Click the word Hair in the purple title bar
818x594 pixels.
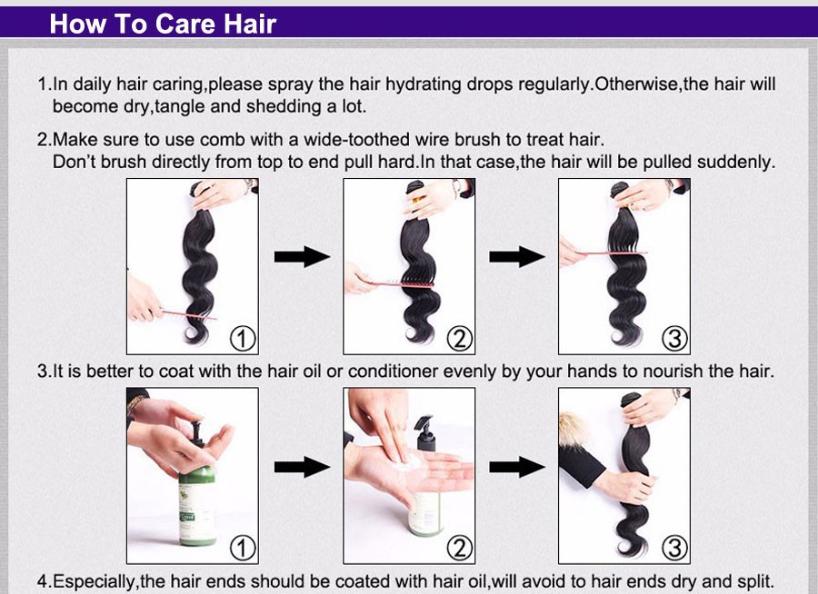point(250,24)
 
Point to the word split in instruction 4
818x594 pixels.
point(754,581)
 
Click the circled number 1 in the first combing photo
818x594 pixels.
point(243,339)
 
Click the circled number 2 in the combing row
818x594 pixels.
point(460,339)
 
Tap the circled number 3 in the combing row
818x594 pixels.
point(674,339)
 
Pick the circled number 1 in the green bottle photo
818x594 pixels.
point(243,548)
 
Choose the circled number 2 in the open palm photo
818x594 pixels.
point(460,548)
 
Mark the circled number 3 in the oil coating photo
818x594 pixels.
point(674,548)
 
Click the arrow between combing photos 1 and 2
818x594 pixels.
point(302,257)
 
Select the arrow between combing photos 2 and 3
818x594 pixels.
point(517,257)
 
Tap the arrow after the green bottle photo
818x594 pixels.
point(302,467)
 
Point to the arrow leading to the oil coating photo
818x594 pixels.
point(517,467)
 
